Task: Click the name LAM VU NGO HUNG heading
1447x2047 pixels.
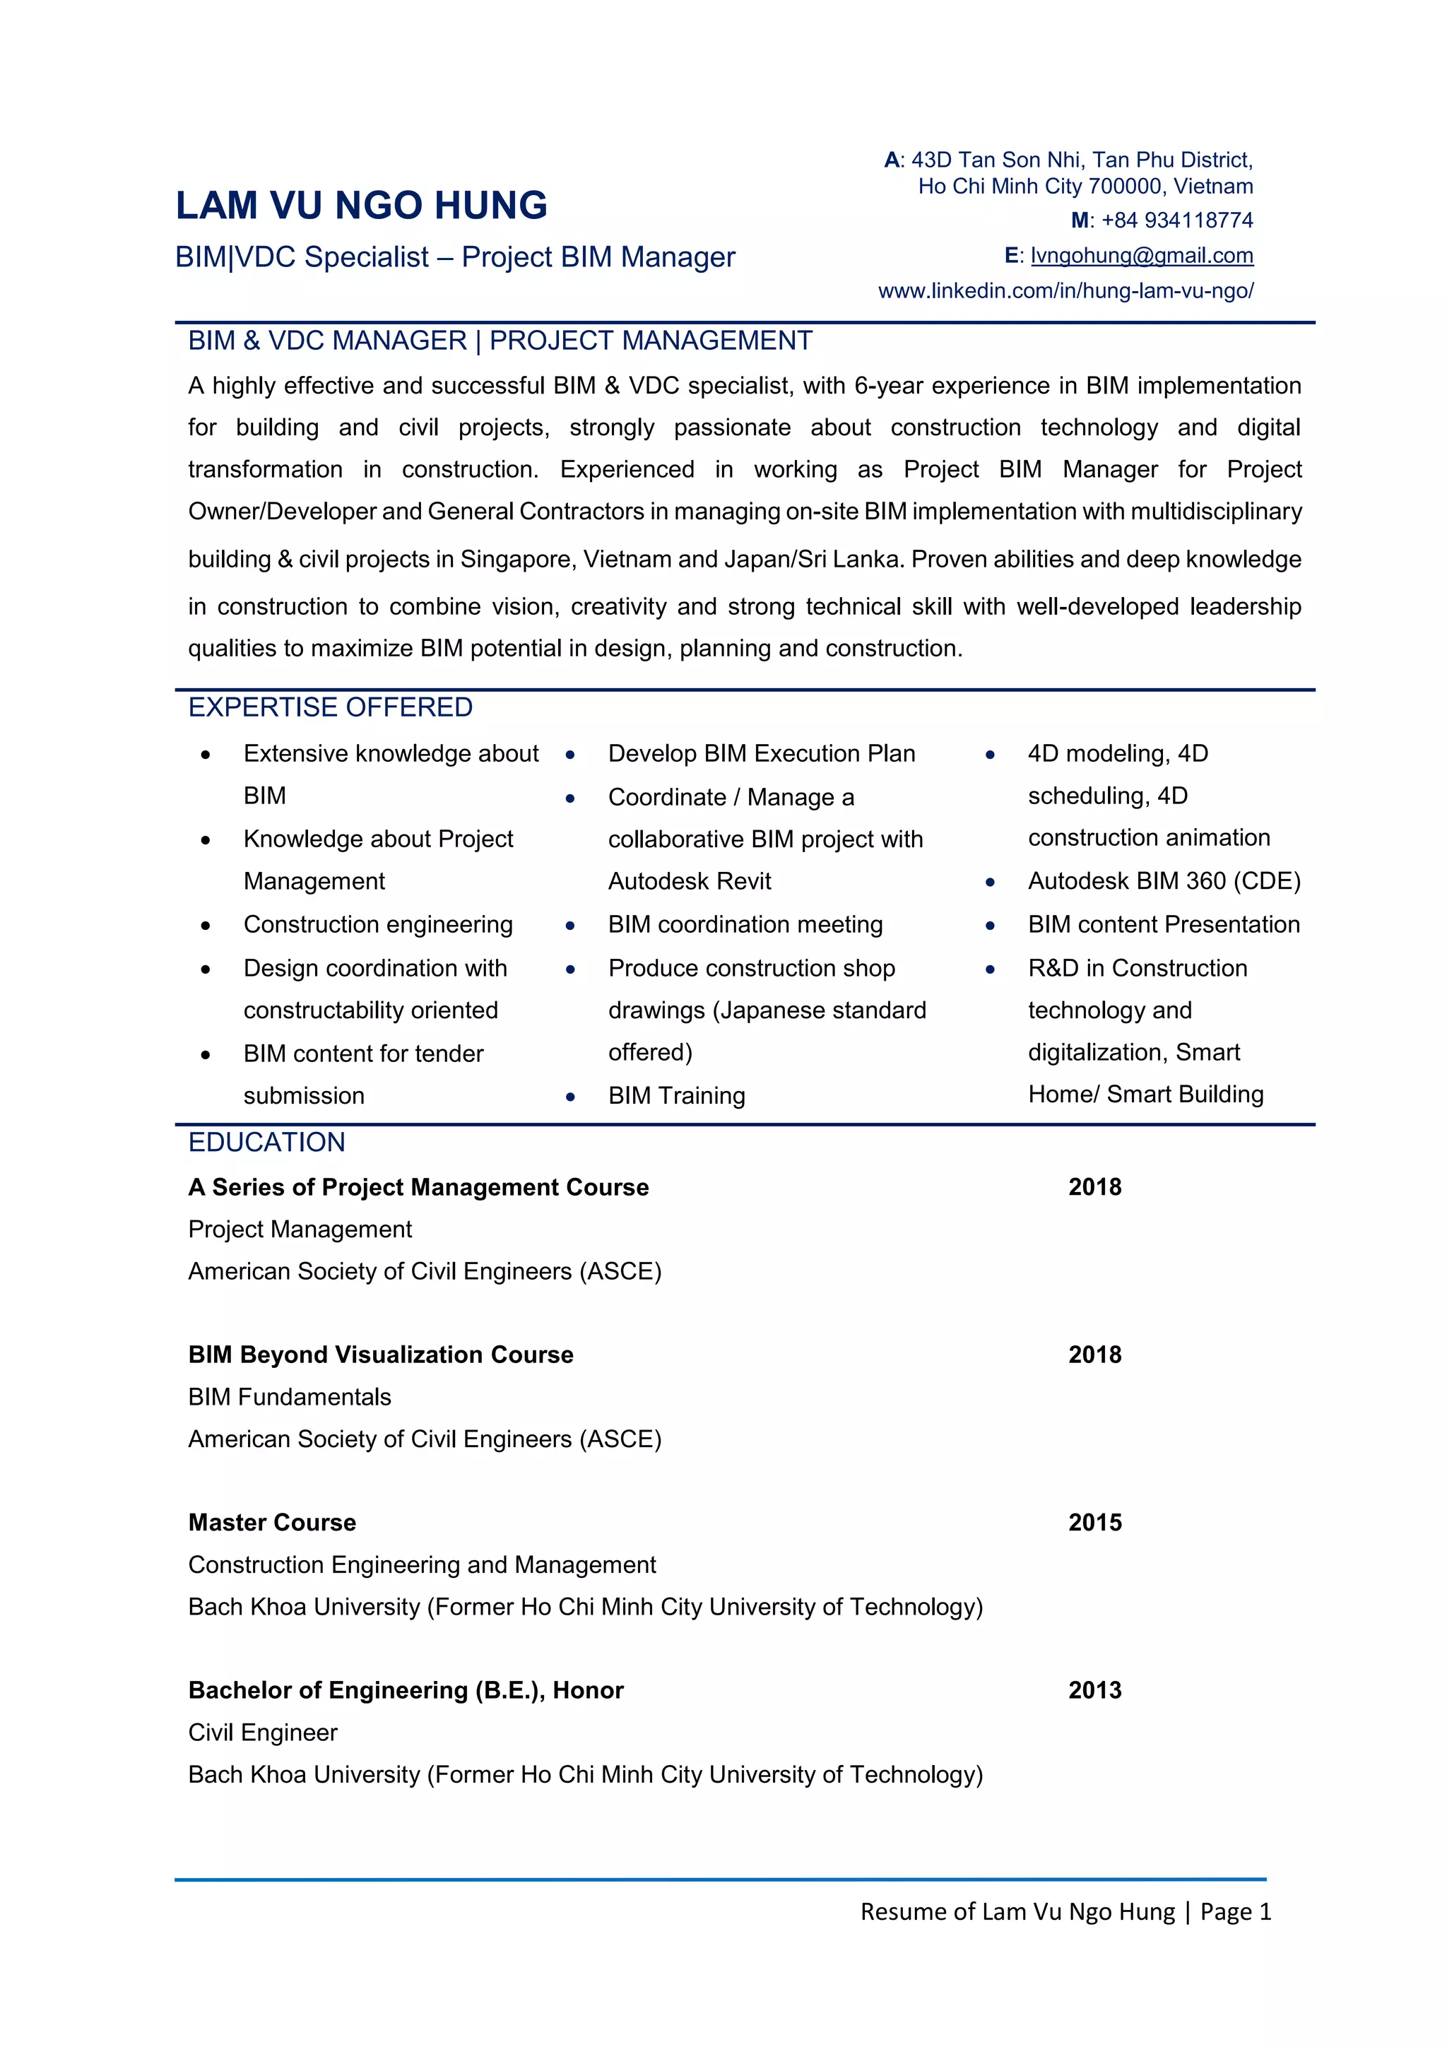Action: (361, 205)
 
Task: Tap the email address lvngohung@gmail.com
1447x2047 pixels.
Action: (1141, 256)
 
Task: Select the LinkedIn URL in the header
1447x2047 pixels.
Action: (1065, 290)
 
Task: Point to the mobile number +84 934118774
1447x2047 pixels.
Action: (1177, 220)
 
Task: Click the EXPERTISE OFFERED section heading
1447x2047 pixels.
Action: (330, 707)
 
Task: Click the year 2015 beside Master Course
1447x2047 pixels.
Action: (1095, 1522)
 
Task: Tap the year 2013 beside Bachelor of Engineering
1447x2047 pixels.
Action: (1095, 1689)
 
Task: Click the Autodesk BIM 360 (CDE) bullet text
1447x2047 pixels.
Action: (1164, 881)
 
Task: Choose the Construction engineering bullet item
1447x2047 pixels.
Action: (378, 924)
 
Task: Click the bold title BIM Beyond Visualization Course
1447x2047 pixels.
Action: (381, 1355)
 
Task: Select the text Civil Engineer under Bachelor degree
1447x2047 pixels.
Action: (263, 1733)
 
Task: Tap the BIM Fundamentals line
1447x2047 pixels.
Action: (290, 1397)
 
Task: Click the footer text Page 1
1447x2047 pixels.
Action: (1235, 1911)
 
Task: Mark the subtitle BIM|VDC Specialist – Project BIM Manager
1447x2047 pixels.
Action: (455, 256)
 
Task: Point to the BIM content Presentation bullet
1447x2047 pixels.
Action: (1164, 924)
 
